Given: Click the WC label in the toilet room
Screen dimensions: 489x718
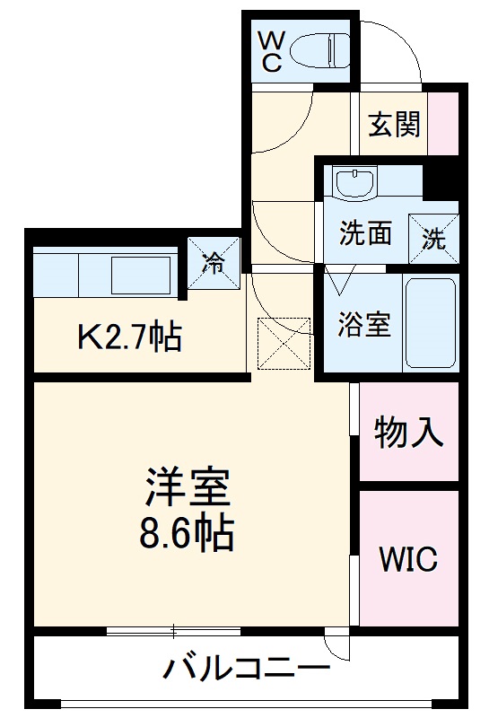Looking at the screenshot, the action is coord(271,51).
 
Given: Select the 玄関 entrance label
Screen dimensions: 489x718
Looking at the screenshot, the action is coord(394,124).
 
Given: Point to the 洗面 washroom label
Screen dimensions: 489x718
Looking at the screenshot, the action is coord(365,233).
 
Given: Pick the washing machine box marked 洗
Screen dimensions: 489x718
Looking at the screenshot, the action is coord(433,238).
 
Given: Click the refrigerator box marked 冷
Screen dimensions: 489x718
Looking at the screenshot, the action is coord(214,263).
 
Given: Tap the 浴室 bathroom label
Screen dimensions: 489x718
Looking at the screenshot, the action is coord(364,324).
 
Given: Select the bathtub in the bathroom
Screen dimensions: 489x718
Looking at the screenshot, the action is coord(431,323).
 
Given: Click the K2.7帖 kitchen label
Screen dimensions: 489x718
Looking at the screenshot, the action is coord(130,337).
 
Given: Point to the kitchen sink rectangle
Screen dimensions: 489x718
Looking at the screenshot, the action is coord(141,276).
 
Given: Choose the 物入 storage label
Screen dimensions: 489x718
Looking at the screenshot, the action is coord(408,433).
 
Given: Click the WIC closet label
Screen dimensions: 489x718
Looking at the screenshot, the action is coord(408,558).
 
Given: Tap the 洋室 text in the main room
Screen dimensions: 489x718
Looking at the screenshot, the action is coord(188,487).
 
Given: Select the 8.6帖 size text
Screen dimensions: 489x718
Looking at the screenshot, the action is coord(187,533).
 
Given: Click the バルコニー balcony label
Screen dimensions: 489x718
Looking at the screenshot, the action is coord(247,669).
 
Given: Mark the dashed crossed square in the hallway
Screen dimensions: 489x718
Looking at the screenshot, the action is coord(284,344).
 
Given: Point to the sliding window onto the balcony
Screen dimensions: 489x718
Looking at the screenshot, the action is coord(174,631).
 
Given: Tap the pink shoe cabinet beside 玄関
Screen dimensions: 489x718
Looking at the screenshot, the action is coord(443,124).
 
